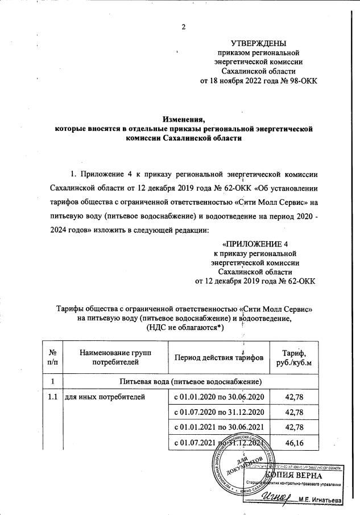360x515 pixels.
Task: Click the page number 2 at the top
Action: [x=184, y=26]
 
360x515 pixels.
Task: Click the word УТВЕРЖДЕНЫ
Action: [x=259, y=44]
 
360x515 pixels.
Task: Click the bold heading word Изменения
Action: [x=183, y=119]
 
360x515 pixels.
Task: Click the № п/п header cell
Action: [x=52, y=357]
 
